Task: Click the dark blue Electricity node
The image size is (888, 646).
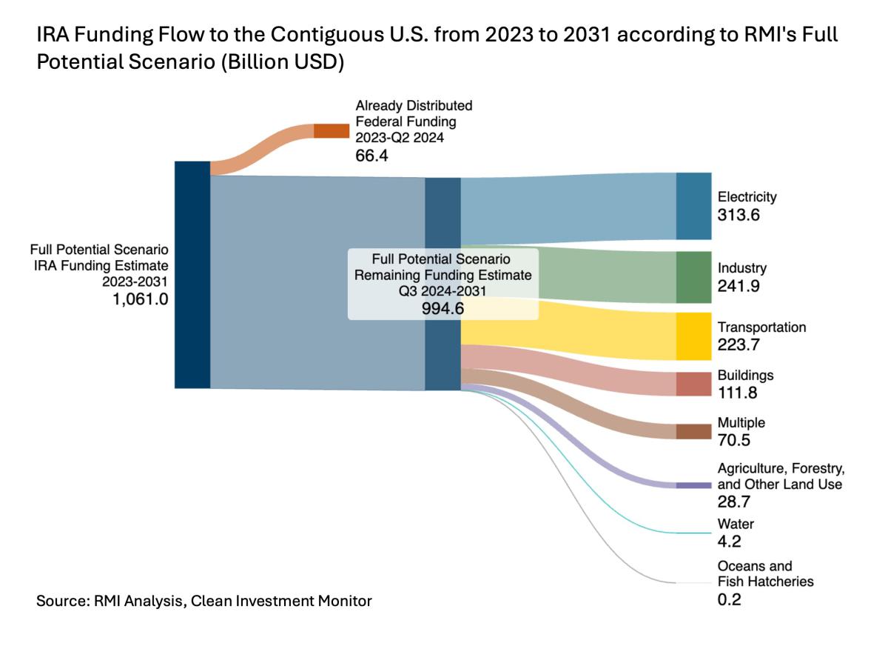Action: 693,206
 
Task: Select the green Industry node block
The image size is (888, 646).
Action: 693,277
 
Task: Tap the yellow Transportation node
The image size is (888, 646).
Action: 693,336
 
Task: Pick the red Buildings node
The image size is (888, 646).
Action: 693,384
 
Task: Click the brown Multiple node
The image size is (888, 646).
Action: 693,431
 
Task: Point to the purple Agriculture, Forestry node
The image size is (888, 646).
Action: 693,485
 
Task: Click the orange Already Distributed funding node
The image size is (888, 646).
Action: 331,131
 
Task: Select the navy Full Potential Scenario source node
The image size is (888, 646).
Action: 192,274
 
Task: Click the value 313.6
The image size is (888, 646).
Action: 739,216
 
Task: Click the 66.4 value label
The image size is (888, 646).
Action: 372,156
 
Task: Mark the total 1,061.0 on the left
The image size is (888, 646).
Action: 141,300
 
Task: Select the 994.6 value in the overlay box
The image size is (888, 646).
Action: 443,309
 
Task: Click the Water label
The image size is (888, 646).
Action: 736,524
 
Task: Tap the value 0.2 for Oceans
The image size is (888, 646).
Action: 729,599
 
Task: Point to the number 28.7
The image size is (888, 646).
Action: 733,502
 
